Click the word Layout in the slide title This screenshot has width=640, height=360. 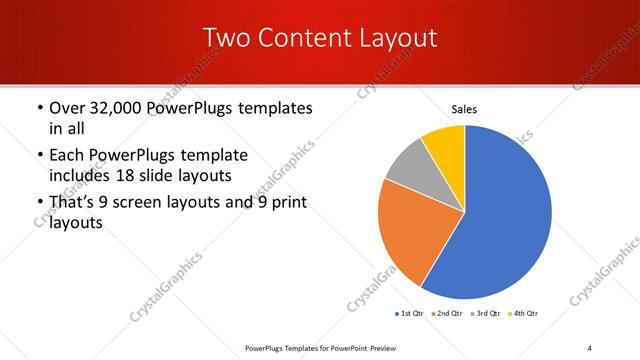point(400,38)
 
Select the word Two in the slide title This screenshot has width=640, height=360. point(226,38)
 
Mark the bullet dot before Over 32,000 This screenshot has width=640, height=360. point(38,108)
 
